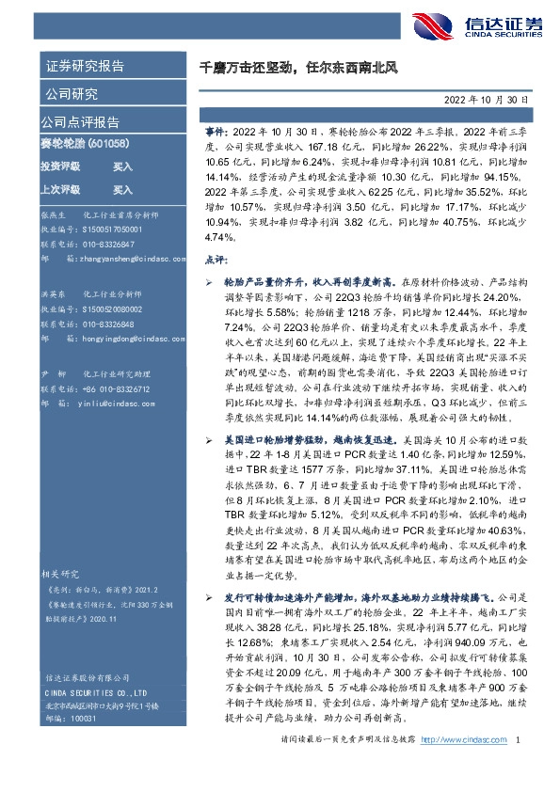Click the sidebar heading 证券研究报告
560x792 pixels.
(84, 66)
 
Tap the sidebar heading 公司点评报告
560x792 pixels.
(79, 122)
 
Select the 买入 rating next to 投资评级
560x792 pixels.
(122, 166)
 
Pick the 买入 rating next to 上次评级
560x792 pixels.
(122, 189)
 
